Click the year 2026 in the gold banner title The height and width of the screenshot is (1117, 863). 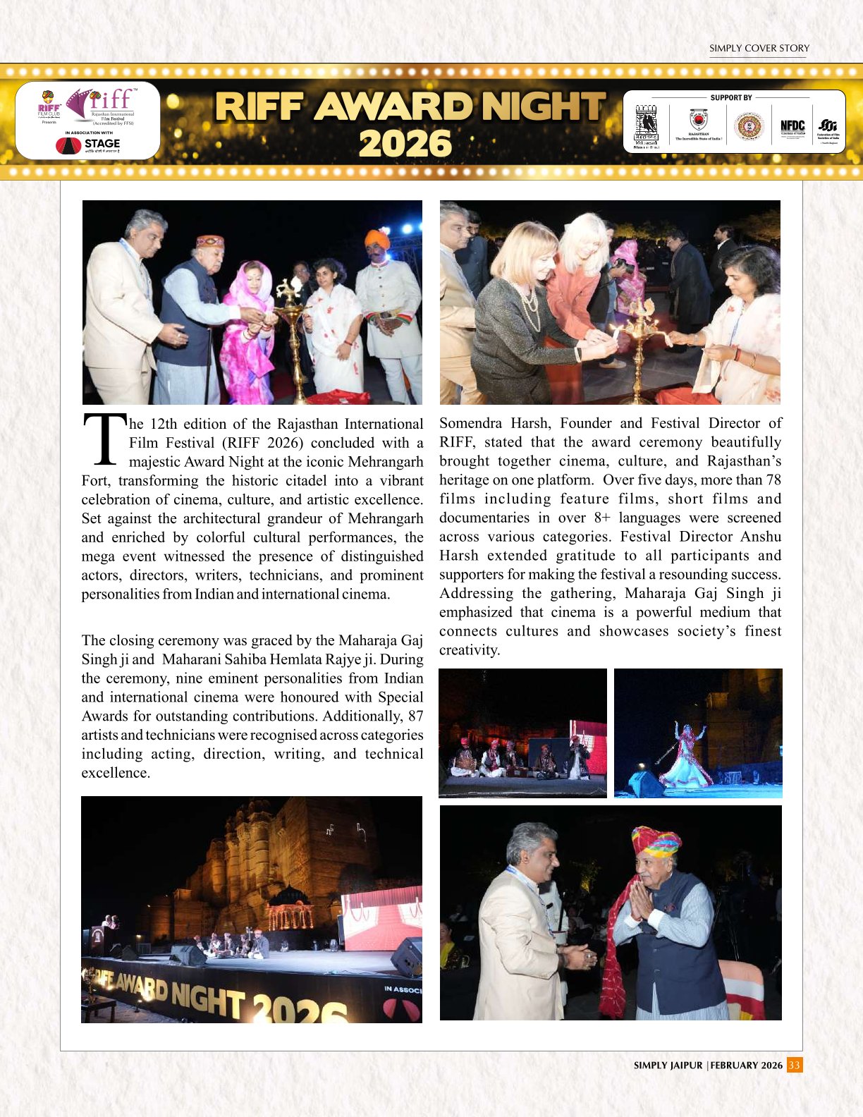tap(405, 144)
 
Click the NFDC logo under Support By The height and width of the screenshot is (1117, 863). tap(792, 127)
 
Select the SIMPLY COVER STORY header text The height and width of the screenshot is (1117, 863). tap(759, 48)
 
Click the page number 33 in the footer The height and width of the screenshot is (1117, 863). tap(795, 1065)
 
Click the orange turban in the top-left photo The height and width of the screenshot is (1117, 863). tap(377, 239)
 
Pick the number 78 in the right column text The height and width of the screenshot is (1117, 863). tap(773, 480)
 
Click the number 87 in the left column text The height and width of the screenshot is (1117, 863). tap(415, 716)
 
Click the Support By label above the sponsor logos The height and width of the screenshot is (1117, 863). tap(731, 97)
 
